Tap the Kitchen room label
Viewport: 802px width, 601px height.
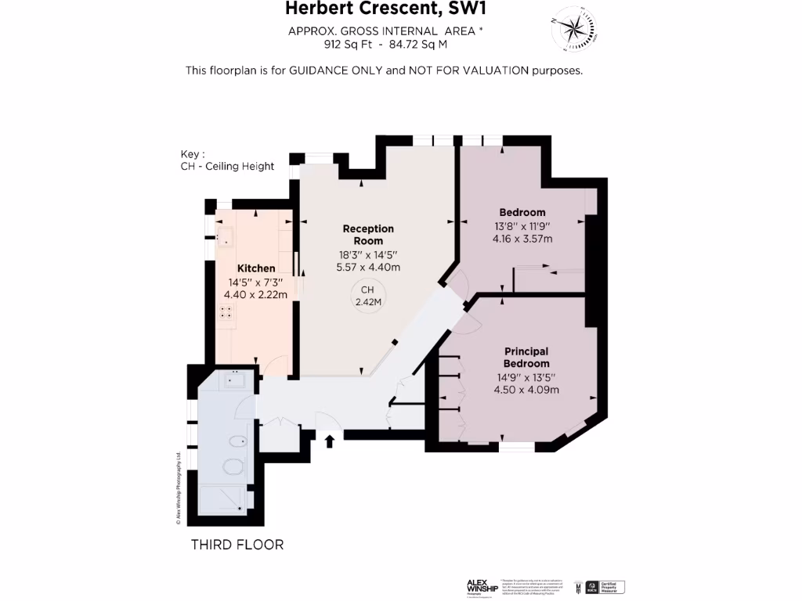click(x=256, y=268)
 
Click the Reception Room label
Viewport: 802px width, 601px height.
click(x=368, y=235)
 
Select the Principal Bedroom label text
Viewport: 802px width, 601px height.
click(x=526, y=358)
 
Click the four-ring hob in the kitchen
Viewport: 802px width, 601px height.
click(x=226, y=312)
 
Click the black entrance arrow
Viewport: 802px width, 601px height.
click(x=330, y=441)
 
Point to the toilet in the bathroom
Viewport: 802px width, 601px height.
click(x=233, y=467)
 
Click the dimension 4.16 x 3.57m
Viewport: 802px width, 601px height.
click(x=522, y=239)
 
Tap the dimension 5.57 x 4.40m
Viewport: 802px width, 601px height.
click(x=369, y=267)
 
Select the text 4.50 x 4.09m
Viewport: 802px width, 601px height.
click(x=526, y=389)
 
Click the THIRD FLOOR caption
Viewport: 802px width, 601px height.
click(x=237, y=545)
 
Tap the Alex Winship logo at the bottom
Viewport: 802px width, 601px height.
click(x=482, y=586)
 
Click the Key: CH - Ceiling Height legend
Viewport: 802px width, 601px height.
click(x=227, y=160)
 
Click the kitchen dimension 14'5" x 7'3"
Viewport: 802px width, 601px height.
click(x=256, y=282)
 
